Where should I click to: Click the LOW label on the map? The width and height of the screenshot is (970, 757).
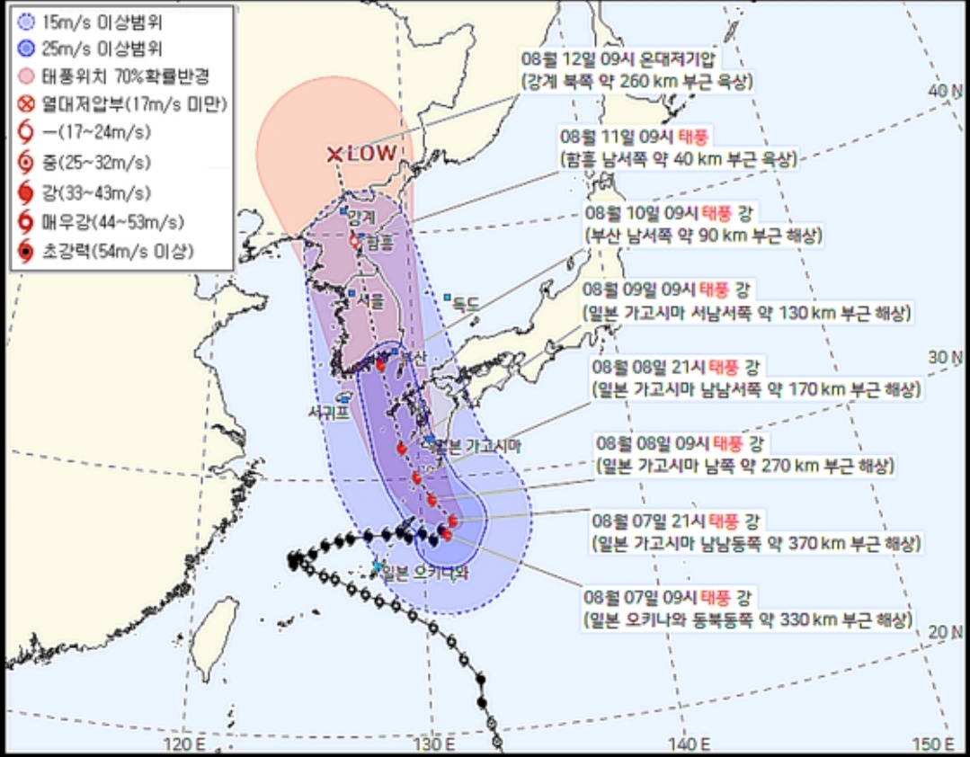pyautogui.click(x=372, y=154)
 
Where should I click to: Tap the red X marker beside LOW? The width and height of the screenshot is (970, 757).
pyautogui.click(x=334, y=155)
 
